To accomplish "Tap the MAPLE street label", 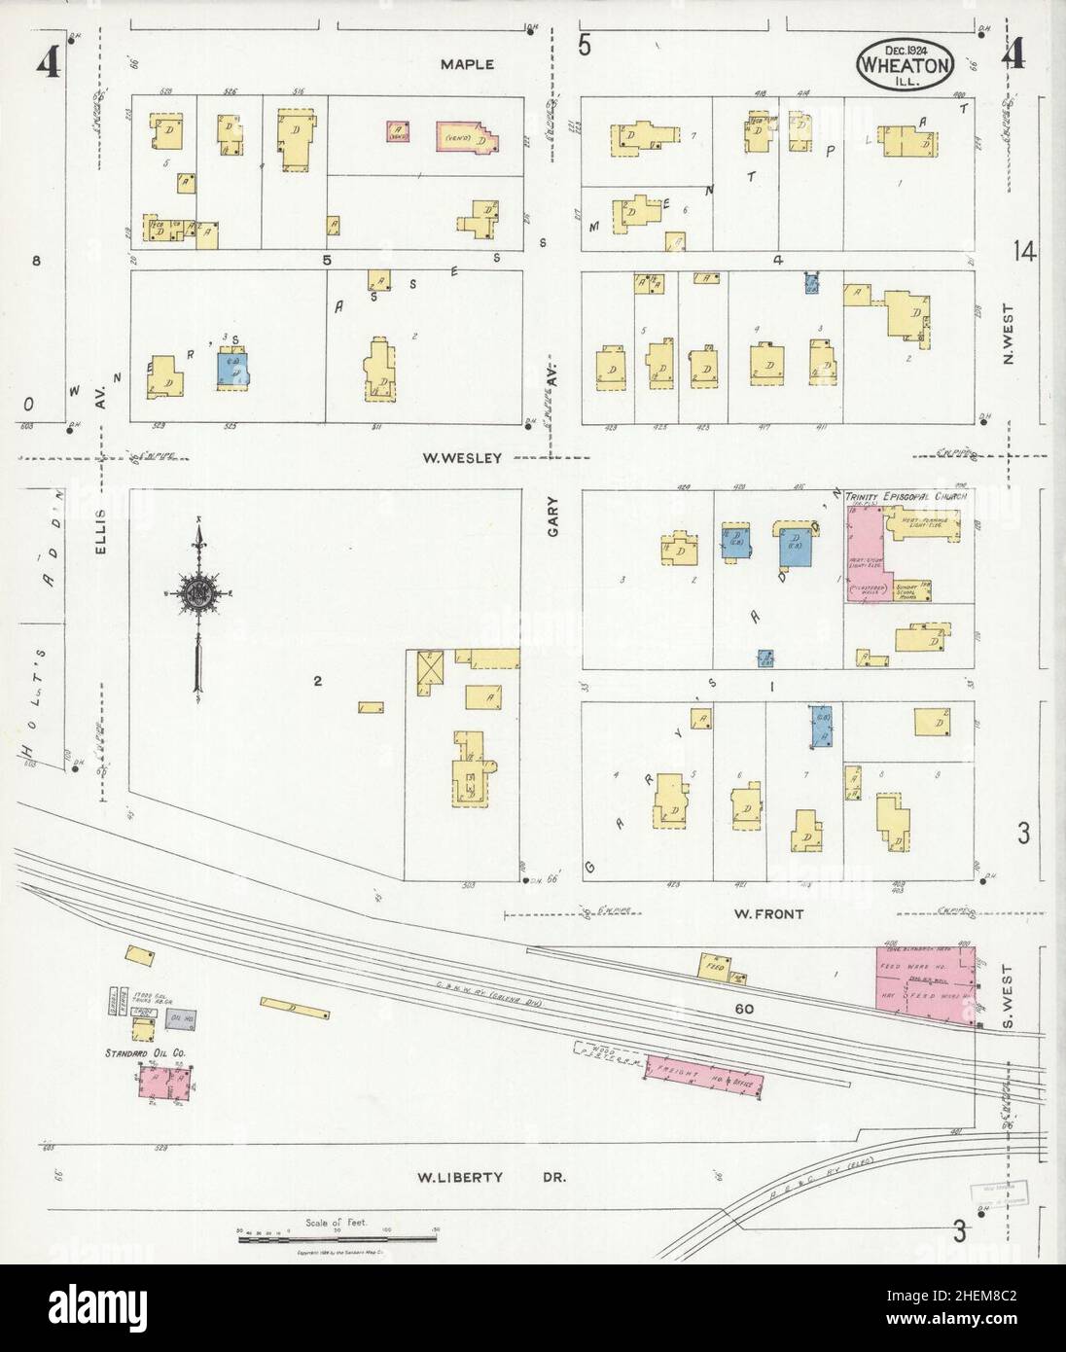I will coord(467,65).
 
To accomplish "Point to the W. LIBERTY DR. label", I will coord(491,1177).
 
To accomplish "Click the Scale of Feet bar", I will coord(336,1236).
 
